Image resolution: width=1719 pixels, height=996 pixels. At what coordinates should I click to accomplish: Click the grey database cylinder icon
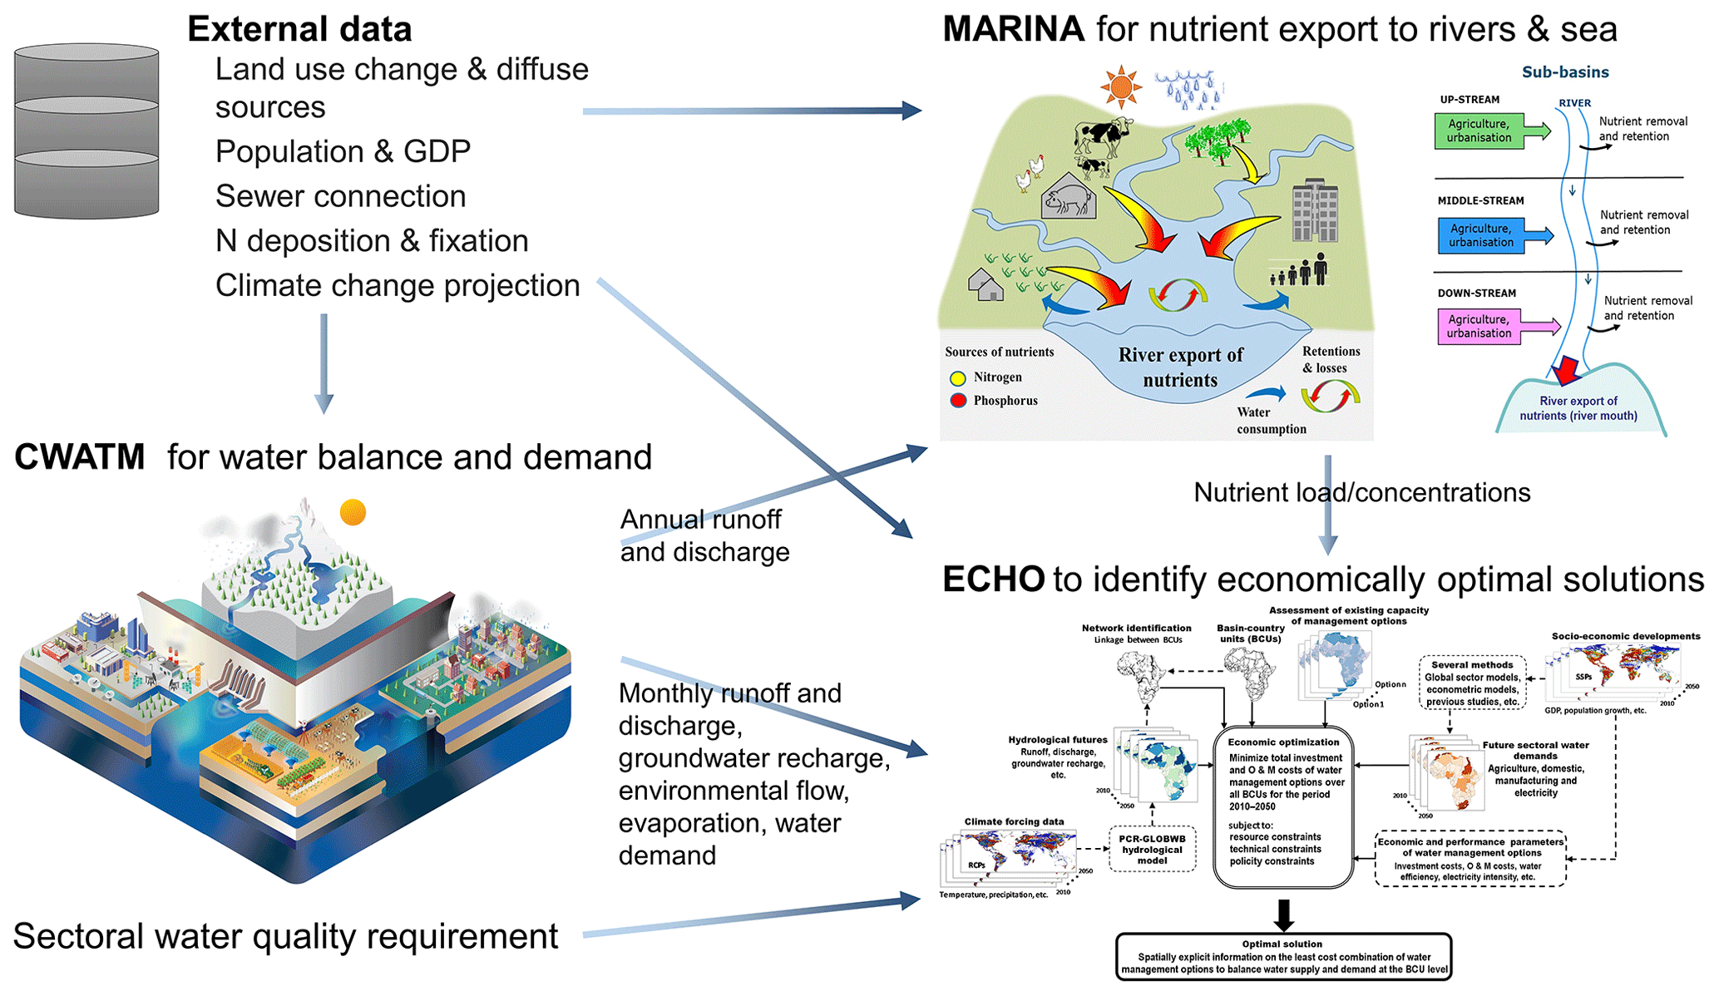pyautogui.click(x=86, y=131)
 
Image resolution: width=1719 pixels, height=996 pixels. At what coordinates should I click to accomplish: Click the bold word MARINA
pyautogui.click(x=1012, y=30)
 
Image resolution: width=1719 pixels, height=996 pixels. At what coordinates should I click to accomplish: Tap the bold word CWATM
pyautogui.click(x=80, y=458)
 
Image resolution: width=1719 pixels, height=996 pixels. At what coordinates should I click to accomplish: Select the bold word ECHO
pyautogui.click(x=993, y=579)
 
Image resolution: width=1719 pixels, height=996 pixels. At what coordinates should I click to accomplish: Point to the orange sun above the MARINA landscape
pyautogui.click(x=1120, y=86)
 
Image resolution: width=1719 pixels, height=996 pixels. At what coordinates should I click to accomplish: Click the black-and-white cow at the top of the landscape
pyautogui.click(x=1102, y=135)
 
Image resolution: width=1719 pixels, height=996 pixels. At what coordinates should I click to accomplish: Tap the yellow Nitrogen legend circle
pyautogui.click(x=957, y=378)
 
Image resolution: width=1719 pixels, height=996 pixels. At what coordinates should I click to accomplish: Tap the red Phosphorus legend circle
pyautogui.click(x=957, y=401)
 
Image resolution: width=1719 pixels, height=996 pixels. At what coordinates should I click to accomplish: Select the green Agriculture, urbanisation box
pyautogui.click(x=1479, y=131)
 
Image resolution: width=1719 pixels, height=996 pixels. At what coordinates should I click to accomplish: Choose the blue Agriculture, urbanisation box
pyautogui.click(x=1481, y=235)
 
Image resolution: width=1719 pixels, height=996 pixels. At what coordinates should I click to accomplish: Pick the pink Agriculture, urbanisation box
pyautogui.click(x=1479, y=326)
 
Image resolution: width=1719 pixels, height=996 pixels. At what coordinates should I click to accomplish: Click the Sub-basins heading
pyautogui.click(x=1564, y=72)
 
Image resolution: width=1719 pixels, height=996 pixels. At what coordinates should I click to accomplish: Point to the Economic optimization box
pyautogui.click(x=1283, y=806)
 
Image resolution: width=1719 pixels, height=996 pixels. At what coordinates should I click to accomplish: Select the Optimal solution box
pyautogui.click(x=1283, y=957)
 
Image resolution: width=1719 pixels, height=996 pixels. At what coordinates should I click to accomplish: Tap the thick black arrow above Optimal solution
pyautogui.click(x=1283, y=915)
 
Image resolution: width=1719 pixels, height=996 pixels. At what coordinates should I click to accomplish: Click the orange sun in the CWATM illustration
pyautogui.click(x=353, y=512)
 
